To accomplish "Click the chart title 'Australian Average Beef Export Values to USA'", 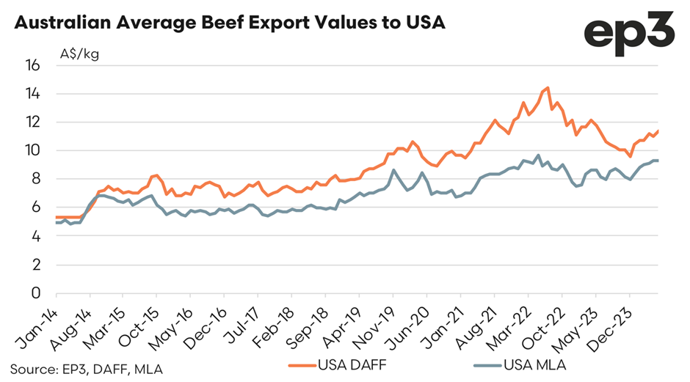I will coord(230,23).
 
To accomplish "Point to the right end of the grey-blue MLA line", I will coord(658,161).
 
